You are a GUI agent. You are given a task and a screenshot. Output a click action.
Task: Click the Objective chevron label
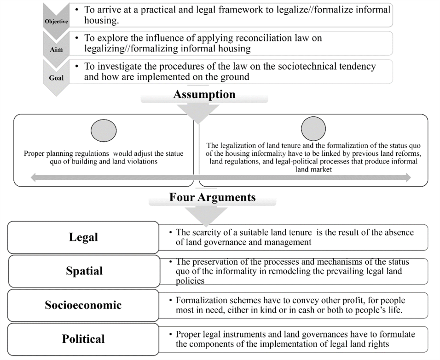tap(56, 22)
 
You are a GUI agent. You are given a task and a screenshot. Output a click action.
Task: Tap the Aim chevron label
tap(56, 50)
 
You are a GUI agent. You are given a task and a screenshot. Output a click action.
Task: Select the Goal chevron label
tap(56, 78)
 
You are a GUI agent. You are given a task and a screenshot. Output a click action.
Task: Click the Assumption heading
tap(204, 94)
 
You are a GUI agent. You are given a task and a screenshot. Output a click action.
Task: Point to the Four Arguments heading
tap(213, 197)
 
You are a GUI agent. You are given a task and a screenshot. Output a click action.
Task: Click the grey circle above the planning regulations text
tap(104, 131)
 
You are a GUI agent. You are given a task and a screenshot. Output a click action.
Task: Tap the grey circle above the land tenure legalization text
tap(313, 129)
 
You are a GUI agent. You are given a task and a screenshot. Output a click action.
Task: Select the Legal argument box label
tap(83, 237)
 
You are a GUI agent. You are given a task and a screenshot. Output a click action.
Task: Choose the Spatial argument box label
tap(84, 271)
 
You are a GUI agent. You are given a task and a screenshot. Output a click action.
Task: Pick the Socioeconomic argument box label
tap(83, 305)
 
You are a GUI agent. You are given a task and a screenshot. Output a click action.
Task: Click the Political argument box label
tap(83, 339)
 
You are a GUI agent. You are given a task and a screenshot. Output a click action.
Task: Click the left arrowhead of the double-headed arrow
tap(34, 177)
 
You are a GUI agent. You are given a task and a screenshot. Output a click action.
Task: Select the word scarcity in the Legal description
tap(203, 233)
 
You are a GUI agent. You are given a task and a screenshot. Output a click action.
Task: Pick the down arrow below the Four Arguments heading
tap(206, 217)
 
